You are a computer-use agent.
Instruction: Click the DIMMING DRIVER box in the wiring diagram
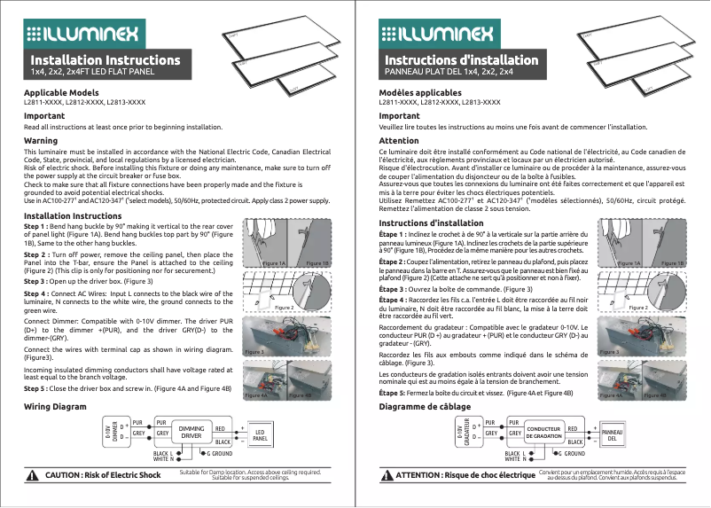191,432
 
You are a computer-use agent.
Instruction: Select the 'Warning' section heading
41,141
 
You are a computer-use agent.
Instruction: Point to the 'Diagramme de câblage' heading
425,406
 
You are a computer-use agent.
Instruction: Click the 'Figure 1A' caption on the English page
274,264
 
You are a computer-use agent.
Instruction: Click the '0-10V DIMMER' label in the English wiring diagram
111,433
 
